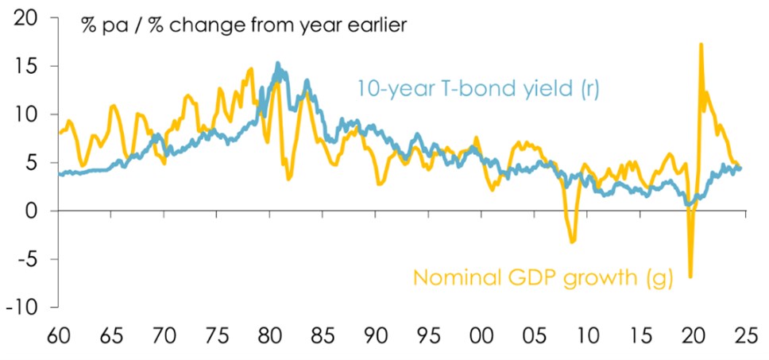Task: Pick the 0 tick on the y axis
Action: coord(35,211)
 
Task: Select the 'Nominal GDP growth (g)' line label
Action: coord(543,278)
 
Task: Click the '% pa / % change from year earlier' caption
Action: coord(244,25)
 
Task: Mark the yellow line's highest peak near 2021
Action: coord(701,45)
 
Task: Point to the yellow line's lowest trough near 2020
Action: coord(690,277)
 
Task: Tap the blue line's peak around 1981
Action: coord(278,64)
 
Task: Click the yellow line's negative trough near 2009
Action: coord(572,242)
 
